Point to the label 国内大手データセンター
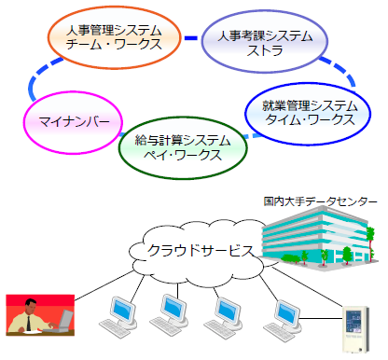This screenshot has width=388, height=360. point(320,201)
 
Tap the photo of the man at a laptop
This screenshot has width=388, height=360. point(40,313)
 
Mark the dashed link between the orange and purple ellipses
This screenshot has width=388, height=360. point(191,37)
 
